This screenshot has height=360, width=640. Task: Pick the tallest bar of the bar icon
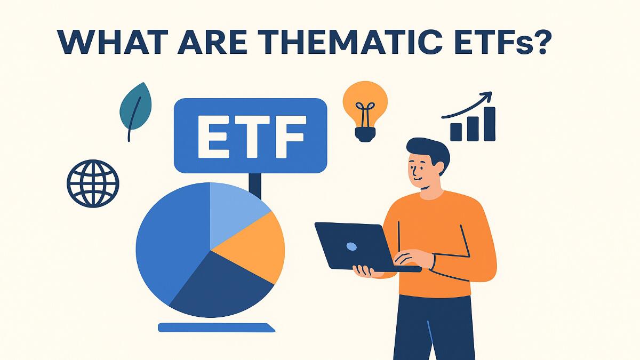point(489,124)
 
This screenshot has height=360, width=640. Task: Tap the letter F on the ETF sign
point(287,135)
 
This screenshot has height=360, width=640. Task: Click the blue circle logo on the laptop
point(351,246)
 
